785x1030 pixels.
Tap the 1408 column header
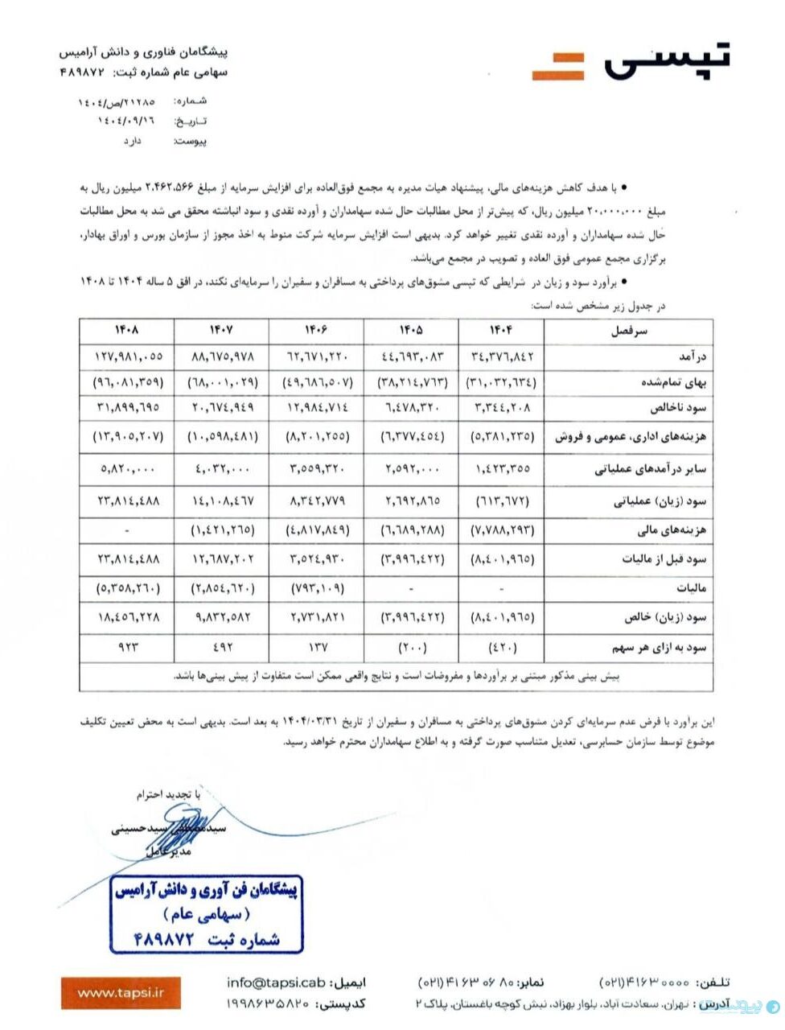click(126, 330)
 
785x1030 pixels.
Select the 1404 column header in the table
click(500, 330)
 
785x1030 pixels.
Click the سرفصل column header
click(629, 331)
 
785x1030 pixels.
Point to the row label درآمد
click(690, 356)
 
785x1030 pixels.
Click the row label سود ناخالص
click(678, 408)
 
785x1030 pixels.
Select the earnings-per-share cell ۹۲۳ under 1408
click(127, 647)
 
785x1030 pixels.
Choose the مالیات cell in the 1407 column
click(221, 589)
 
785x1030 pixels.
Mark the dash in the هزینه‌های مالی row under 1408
click(127, 530)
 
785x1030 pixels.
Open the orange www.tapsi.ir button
click(121, 993)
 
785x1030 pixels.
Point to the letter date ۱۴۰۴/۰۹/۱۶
click(126, 121)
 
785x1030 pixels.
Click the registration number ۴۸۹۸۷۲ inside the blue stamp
click(165, 938)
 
